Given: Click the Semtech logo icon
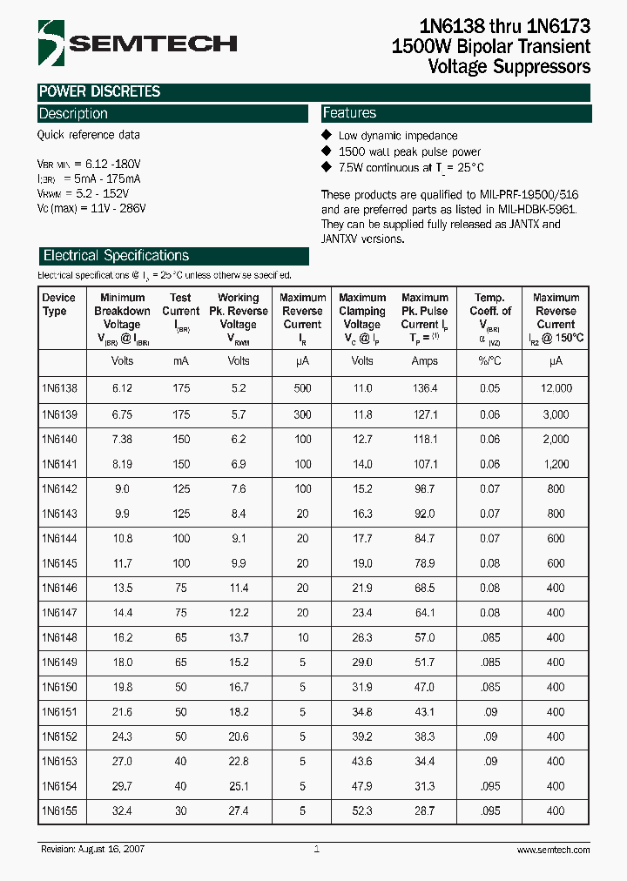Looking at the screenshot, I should [x=50, y=43].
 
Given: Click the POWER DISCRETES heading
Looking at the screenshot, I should [x=99, y=91].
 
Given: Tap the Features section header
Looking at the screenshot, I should [x=349, y=113].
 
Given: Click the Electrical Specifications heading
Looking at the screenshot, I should [x=116, y=256].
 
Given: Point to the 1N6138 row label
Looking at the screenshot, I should [x=59, y=388].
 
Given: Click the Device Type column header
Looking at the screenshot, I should [x=59, y=305].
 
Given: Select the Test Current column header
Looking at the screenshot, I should [x=180, y=311].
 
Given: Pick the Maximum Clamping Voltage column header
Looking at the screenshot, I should [x=361, y=317].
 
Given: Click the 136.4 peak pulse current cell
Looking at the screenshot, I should [x=424, y=388].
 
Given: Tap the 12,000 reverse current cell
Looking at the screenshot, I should [x=555, y=388].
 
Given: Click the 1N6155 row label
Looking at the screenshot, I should [x=59, y=810].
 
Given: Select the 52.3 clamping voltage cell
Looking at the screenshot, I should [x=361, y=810].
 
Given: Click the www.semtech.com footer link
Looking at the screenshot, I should [x=553, y=850].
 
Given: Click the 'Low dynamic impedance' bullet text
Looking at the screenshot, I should [x=397, y=136].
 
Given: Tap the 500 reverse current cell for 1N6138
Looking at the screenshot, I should [x=302, y=388].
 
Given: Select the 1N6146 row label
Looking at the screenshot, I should [x=59, y=588].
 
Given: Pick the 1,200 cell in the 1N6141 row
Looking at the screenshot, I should [x=555, y=464].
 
